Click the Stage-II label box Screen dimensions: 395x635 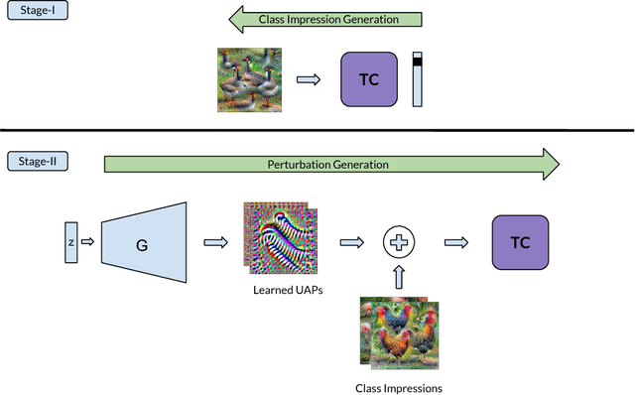coord(38,161)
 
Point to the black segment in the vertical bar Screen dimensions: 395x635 coord(417,62)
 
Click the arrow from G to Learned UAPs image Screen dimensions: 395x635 coord(215,240)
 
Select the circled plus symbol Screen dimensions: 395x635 coord(400,240)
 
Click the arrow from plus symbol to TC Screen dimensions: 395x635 coord(456,240)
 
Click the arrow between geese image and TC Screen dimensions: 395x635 coord(310,79)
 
